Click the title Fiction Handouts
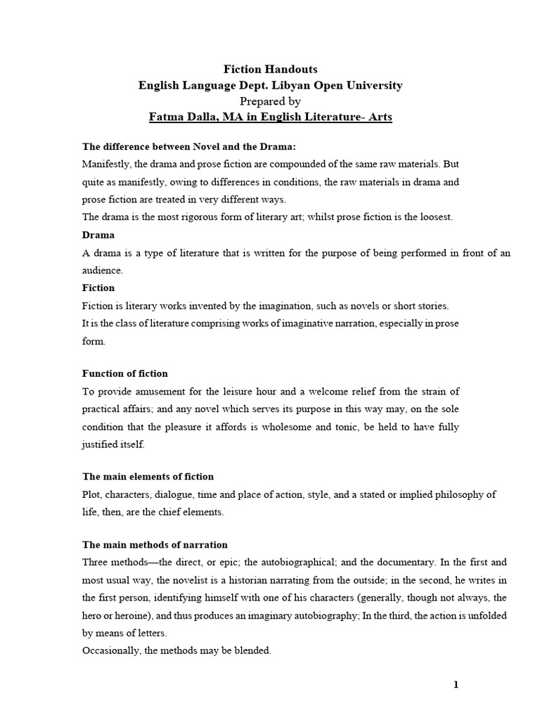click(x=270, y=69)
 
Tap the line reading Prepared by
click(x=270, y=101)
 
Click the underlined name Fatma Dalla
click(x=180, y=117)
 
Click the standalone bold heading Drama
click(x=98, y=235)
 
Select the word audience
click(x=103, y=270)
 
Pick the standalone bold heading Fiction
click(x=98, y=288)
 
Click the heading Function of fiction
click(x=125, y=373)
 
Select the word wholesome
click(x=315, y=426)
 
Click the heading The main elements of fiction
click(x=148, y=477)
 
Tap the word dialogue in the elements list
click(x=186, y=494)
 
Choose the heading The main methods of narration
click(x=155, y=545)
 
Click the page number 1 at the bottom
click(x=456, y=686)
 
